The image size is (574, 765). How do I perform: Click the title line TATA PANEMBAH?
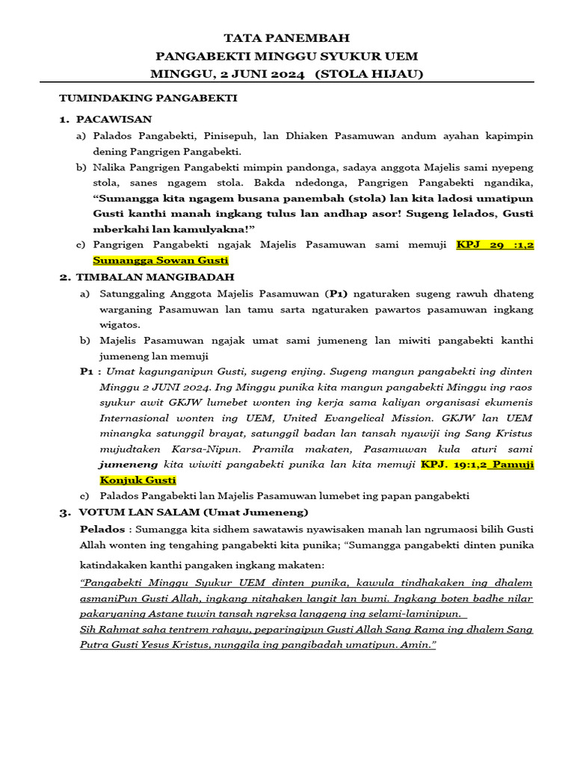pos(287,38)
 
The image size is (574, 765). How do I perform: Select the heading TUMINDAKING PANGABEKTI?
pos(148,98)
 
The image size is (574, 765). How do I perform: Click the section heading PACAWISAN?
pos(114,119)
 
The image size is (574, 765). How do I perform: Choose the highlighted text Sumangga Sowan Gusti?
pos(160,260)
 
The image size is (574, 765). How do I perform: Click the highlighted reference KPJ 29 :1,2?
pos(495,244)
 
